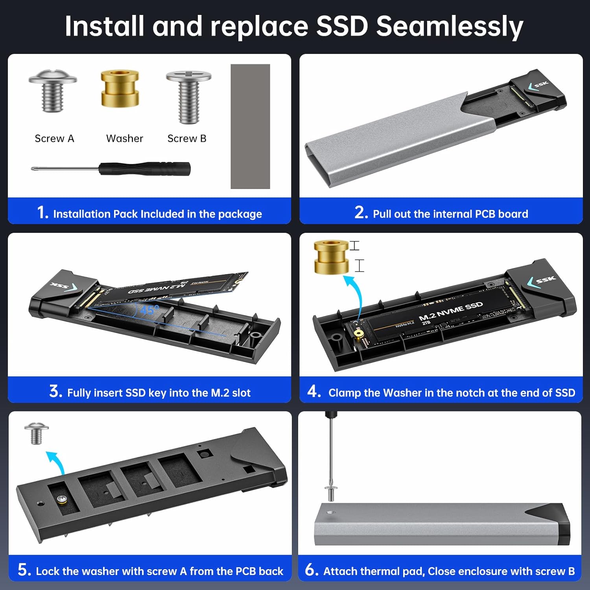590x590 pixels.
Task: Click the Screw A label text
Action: [54, 138]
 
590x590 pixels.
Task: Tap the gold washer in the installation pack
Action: [120, 88]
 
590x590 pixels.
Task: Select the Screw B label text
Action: [187, 138]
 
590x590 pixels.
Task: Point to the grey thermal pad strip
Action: [250, 126]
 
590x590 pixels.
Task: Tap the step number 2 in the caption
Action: [361, 213]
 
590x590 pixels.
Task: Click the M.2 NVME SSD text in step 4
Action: [450, 311]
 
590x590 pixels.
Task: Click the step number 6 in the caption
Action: [312, 570]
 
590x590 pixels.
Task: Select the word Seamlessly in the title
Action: [449, 26]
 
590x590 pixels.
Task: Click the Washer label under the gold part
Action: [124, 138]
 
